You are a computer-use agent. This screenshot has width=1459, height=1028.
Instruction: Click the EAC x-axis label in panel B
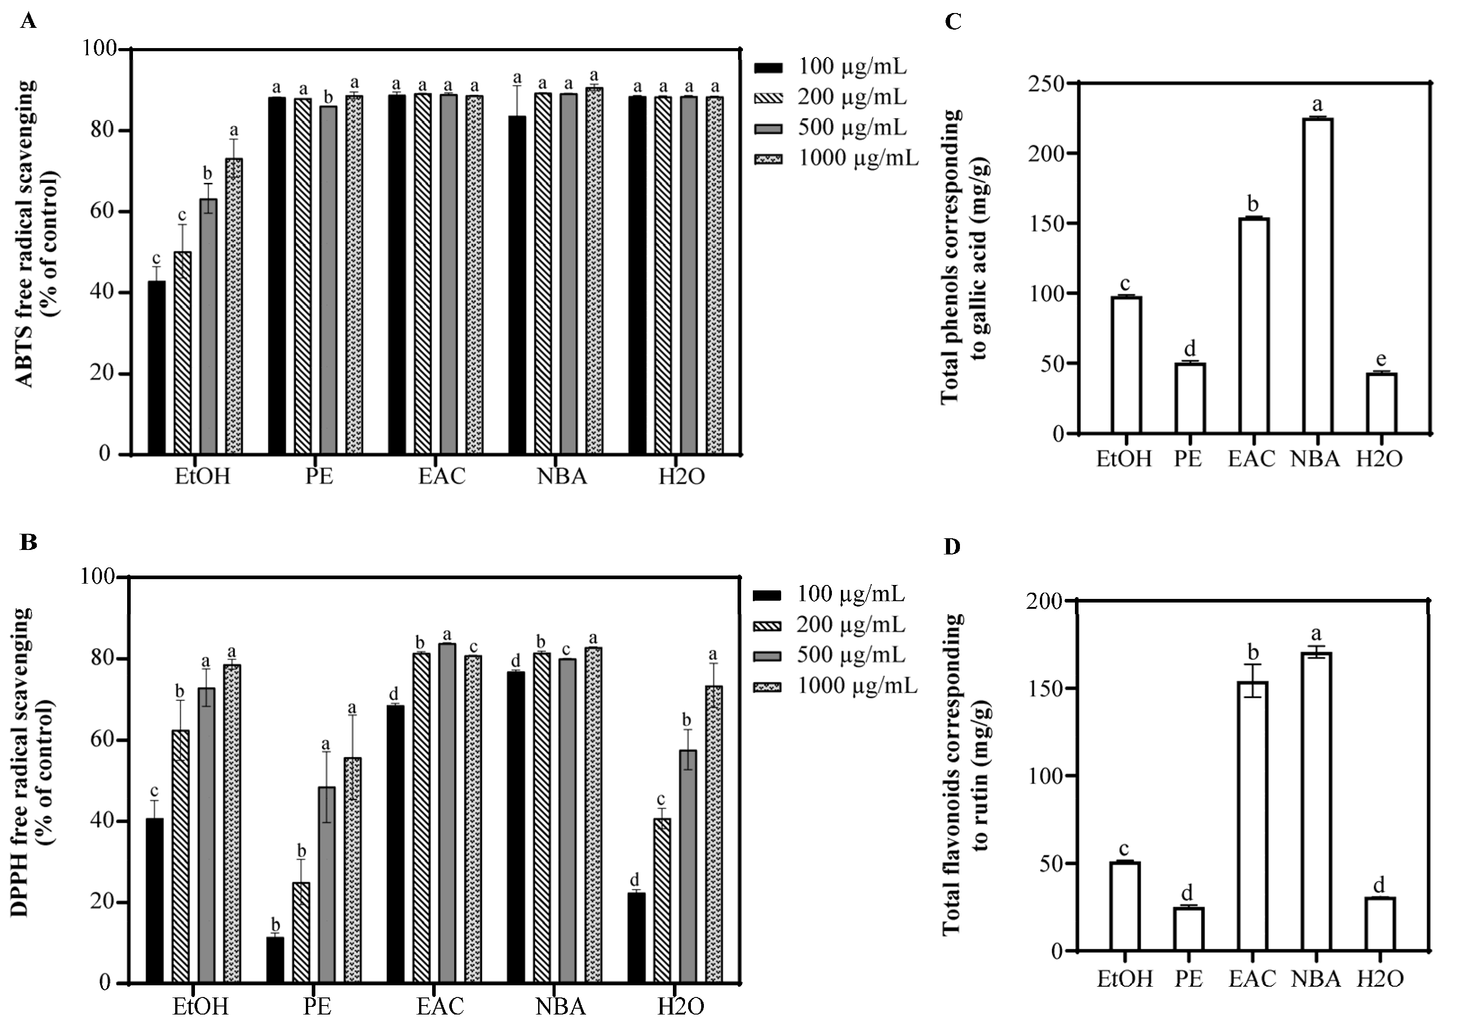[440, 1007]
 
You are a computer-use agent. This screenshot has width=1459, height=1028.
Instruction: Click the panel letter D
[952, 547]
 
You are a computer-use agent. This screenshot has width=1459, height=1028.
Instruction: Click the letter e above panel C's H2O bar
[1381, 360]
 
